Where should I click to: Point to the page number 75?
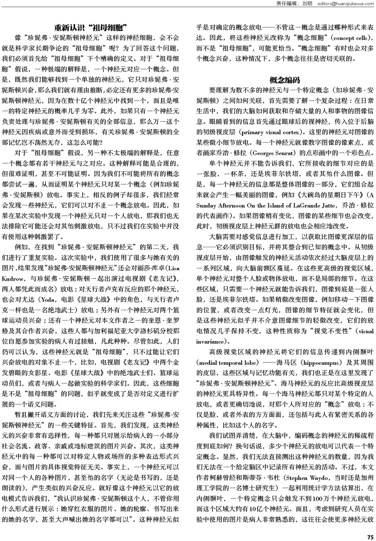point(370,536)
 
